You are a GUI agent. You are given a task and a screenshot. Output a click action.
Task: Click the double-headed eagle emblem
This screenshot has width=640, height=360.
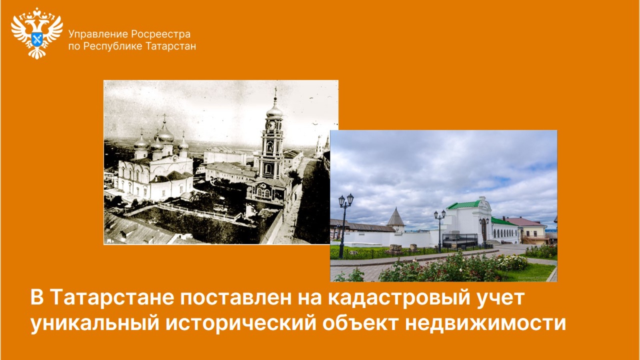[37, 34]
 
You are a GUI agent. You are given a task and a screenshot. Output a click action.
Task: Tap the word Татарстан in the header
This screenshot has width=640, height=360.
[171, 46]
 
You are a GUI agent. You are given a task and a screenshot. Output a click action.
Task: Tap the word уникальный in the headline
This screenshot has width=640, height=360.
[95, 324]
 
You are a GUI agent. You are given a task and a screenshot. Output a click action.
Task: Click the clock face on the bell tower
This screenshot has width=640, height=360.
[270, 125]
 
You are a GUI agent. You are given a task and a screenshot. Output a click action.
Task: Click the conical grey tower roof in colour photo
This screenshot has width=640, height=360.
[396, 217]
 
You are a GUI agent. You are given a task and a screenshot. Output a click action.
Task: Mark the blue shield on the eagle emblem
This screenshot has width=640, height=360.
[37, 39]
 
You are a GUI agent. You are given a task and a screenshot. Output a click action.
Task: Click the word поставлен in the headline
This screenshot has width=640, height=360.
[236, 298]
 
